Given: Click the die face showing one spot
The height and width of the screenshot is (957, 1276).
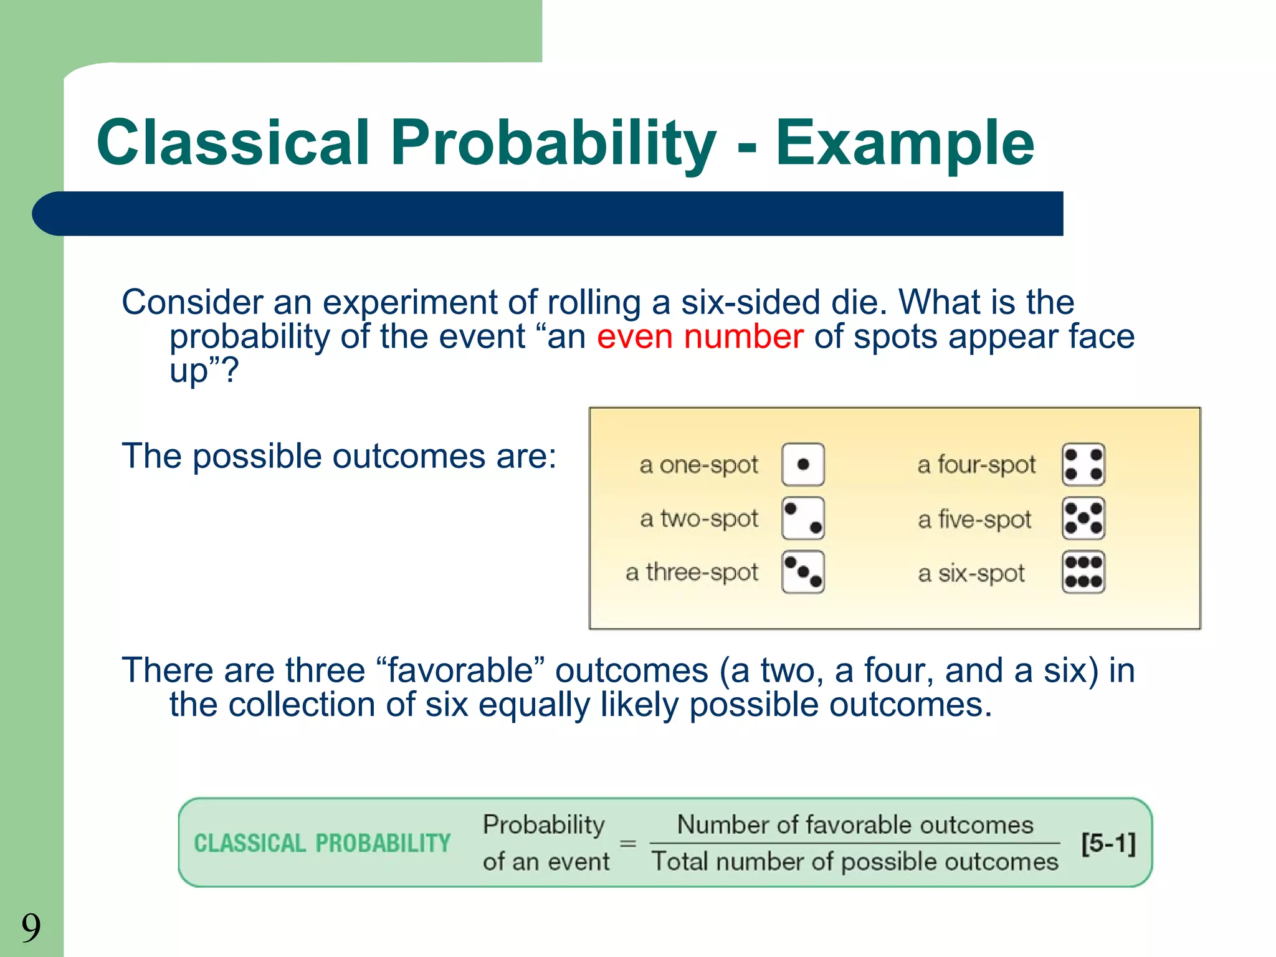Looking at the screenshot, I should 803,464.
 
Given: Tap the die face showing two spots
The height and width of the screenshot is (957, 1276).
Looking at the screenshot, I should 803,518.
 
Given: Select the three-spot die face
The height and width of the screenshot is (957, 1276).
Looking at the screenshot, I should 803,571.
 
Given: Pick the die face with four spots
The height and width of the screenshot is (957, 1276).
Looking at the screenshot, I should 1083,464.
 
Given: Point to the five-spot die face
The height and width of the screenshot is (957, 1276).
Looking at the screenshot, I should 1083,518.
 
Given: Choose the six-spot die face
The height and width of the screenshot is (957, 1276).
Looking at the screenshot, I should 1083,571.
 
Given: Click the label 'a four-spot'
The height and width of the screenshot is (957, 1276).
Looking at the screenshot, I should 976,465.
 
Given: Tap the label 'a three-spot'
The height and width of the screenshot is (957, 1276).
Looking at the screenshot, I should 692,572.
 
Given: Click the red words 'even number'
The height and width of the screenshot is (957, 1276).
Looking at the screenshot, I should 700,337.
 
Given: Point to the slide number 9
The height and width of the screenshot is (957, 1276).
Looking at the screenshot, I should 31,927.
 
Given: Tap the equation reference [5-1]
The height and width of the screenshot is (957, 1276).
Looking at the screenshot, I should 1108,843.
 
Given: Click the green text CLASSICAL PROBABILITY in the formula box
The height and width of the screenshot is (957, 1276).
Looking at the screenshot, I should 322,843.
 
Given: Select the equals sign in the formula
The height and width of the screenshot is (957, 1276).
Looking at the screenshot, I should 628,844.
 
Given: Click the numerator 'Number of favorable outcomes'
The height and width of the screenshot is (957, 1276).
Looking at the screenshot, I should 855,824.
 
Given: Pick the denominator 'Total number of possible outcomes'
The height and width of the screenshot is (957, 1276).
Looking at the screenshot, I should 855,862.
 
